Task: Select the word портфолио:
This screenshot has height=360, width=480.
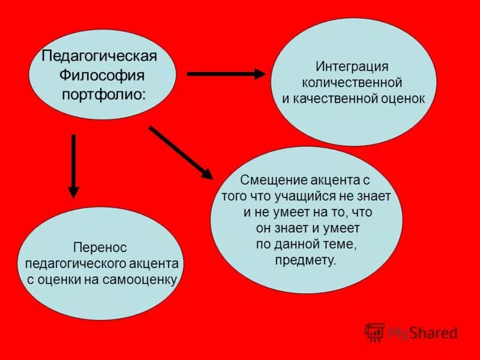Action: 104,94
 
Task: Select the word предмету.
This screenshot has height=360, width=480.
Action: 306,260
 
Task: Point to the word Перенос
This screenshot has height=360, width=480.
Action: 101,247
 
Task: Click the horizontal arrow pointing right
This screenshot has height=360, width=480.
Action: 226,74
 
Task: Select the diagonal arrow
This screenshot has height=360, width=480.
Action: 181,152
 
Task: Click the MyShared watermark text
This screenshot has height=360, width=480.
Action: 422,333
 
